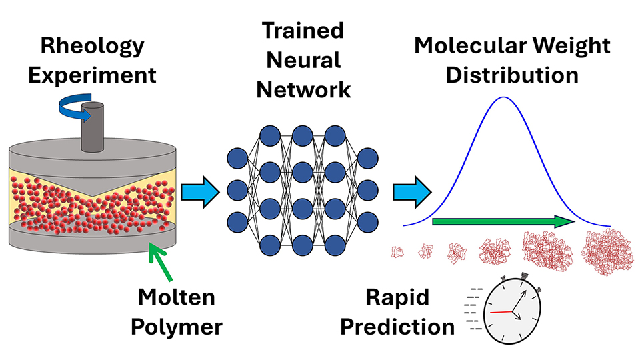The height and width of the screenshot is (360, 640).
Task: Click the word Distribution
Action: (512, 74)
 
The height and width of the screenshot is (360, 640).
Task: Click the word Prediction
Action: (405, 327)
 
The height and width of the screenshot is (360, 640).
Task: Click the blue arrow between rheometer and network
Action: (200, 192)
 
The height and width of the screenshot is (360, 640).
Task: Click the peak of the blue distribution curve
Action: (503, 98)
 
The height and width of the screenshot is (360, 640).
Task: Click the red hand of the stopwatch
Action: (501, 311)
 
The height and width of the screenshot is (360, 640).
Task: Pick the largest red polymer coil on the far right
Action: (604, 251)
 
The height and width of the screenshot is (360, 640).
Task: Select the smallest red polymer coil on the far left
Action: (398, 252)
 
